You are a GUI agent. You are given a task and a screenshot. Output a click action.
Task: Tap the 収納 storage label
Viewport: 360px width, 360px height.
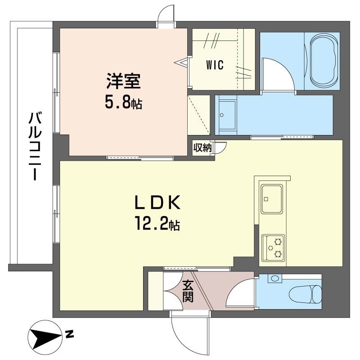202,148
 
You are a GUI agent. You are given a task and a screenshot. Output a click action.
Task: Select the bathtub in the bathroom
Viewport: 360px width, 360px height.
323,61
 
